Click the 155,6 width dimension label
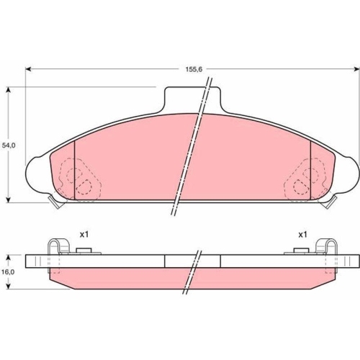[194, 69]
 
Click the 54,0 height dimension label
[9, 145]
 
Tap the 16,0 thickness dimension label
[9, 272]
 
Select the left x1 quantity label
[84, 235]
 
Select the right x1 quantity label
[302, 235]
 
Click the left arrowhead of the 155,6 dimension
[28, 69]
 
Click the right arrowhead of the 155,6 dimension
[356, 69]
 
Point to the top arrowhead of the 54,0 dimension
[9, 90]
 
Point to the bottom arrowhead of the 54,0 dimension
[9, 199]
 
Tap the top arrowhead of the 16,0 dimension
[9, 258]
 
